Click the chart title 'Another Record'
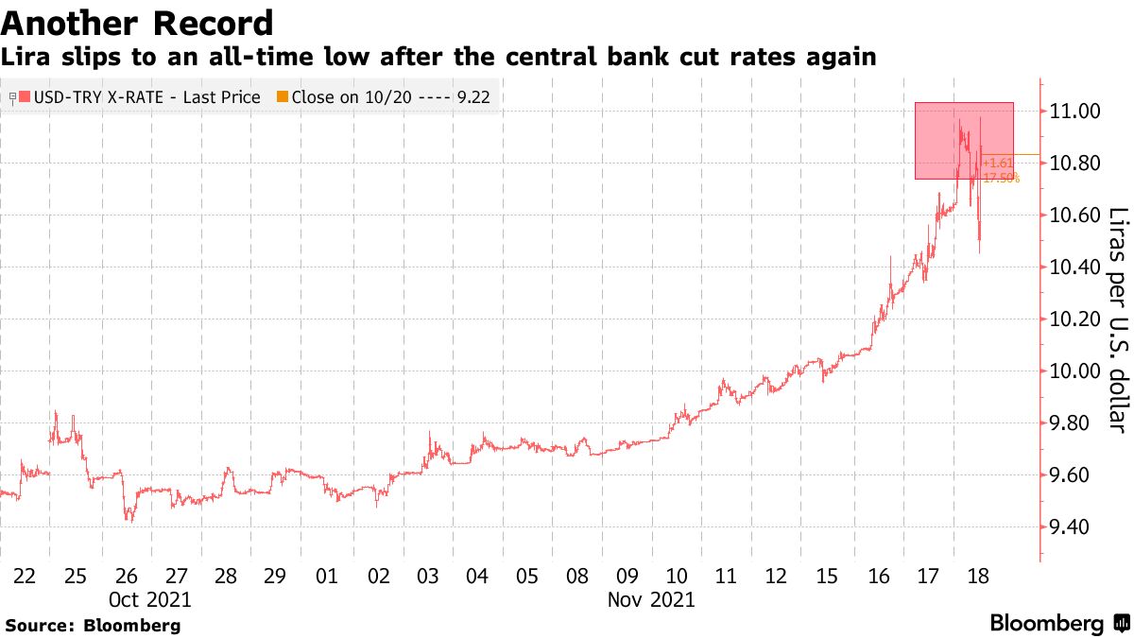(x=138, y=23)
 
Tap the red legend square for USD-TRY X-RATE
(x=26, y=96)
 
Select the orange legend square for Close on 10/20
(x=282, y=96)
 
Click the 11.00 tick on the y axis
(x=1075, y=112)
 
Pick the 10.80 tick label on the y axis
(x=1075, y=164)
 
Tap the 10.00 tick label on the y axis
(x=1075, y=371)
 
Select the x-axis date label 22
(x=26, y=577)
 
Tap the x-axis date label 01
(x=326, y=577)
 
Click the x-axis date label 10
(x=677, y=577)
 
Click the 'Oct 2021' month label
(x=150, y=599)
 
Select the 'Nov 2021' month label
(x=651, y=599)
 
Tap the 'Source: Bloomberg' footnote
(x=93, y=625)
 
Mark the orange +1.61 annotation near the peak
(x=997, y=164)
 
